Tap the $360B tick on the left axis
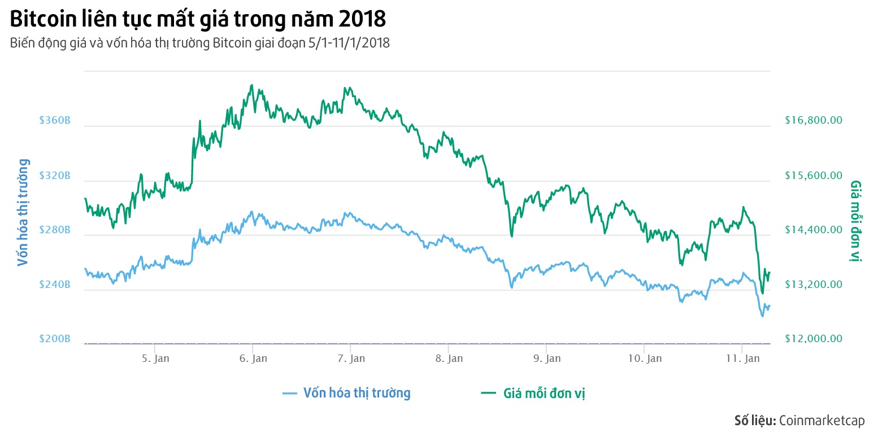tap(55, 121)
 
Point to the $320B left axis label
tap(55, 176)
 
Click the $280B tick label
tap(55, 230)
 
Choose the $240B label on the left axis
tap(55, 285)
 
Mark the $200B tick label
tap(55, 339)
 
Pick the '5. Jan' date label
tap(155, 358)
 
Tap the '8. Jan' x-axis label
tap(449, 358)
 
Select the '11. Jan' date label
tap(742, 358)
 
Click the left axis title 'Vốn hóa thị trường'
tap(23, 212)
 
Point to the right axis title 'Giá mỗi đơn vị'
tap(855, 221)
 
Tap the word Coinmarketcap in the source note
tap(822, 421)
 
